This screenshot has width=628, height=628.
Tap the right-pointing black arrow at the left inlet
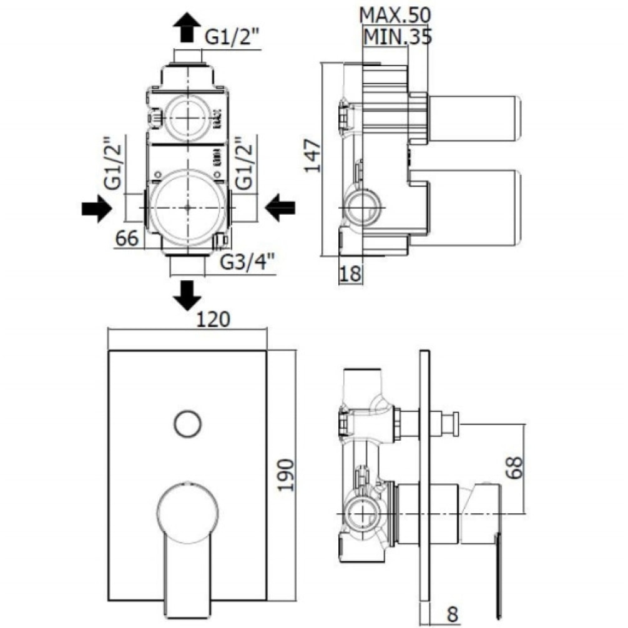tap(97, 207)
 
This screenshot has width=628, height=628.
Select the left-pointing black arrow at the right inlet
tap(279, 207)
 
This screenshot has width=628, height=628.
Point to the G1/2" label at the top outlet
tap(232, 37)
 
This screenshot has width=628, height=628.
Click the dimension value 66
tap(127, 238)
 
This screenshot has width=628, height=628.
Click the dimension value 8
tap(453, 614)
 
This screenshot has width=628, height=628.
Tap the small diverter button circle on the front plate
tap(187, 423)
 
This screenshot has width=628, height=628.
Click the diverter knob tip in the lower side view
tap(456, 423)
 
